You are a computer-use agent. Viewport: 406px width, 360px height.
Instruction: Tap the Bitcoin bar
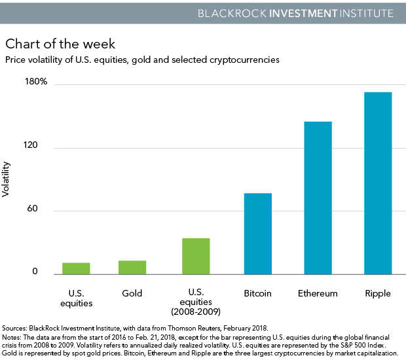(x=258, y=234)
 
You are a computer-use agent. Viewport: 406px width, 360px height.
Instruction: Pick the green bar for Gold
(x=132, y=267)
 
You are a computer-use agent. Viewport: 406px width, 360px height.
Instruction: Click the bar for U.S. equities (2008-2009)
(x=196, y=256)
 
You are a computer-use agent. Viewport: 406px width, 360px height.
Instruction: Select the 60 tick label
(x=43, y=210)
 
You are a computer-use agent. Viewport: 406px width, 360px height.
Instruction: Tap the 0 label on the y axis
(x=45, y=273)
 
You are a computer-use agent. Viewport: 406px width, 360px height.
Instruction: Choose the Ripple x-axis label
(x=378, y=294)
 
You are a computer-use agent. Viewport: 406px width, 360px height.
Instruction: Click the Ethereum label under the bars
(x=318, y=294)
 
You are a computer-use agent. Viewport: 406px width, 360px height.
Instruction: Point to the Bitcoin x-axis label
(x=258, y=294)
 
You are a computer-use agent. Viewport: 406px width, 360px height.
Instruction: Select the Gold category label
(x=132, y=294)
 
